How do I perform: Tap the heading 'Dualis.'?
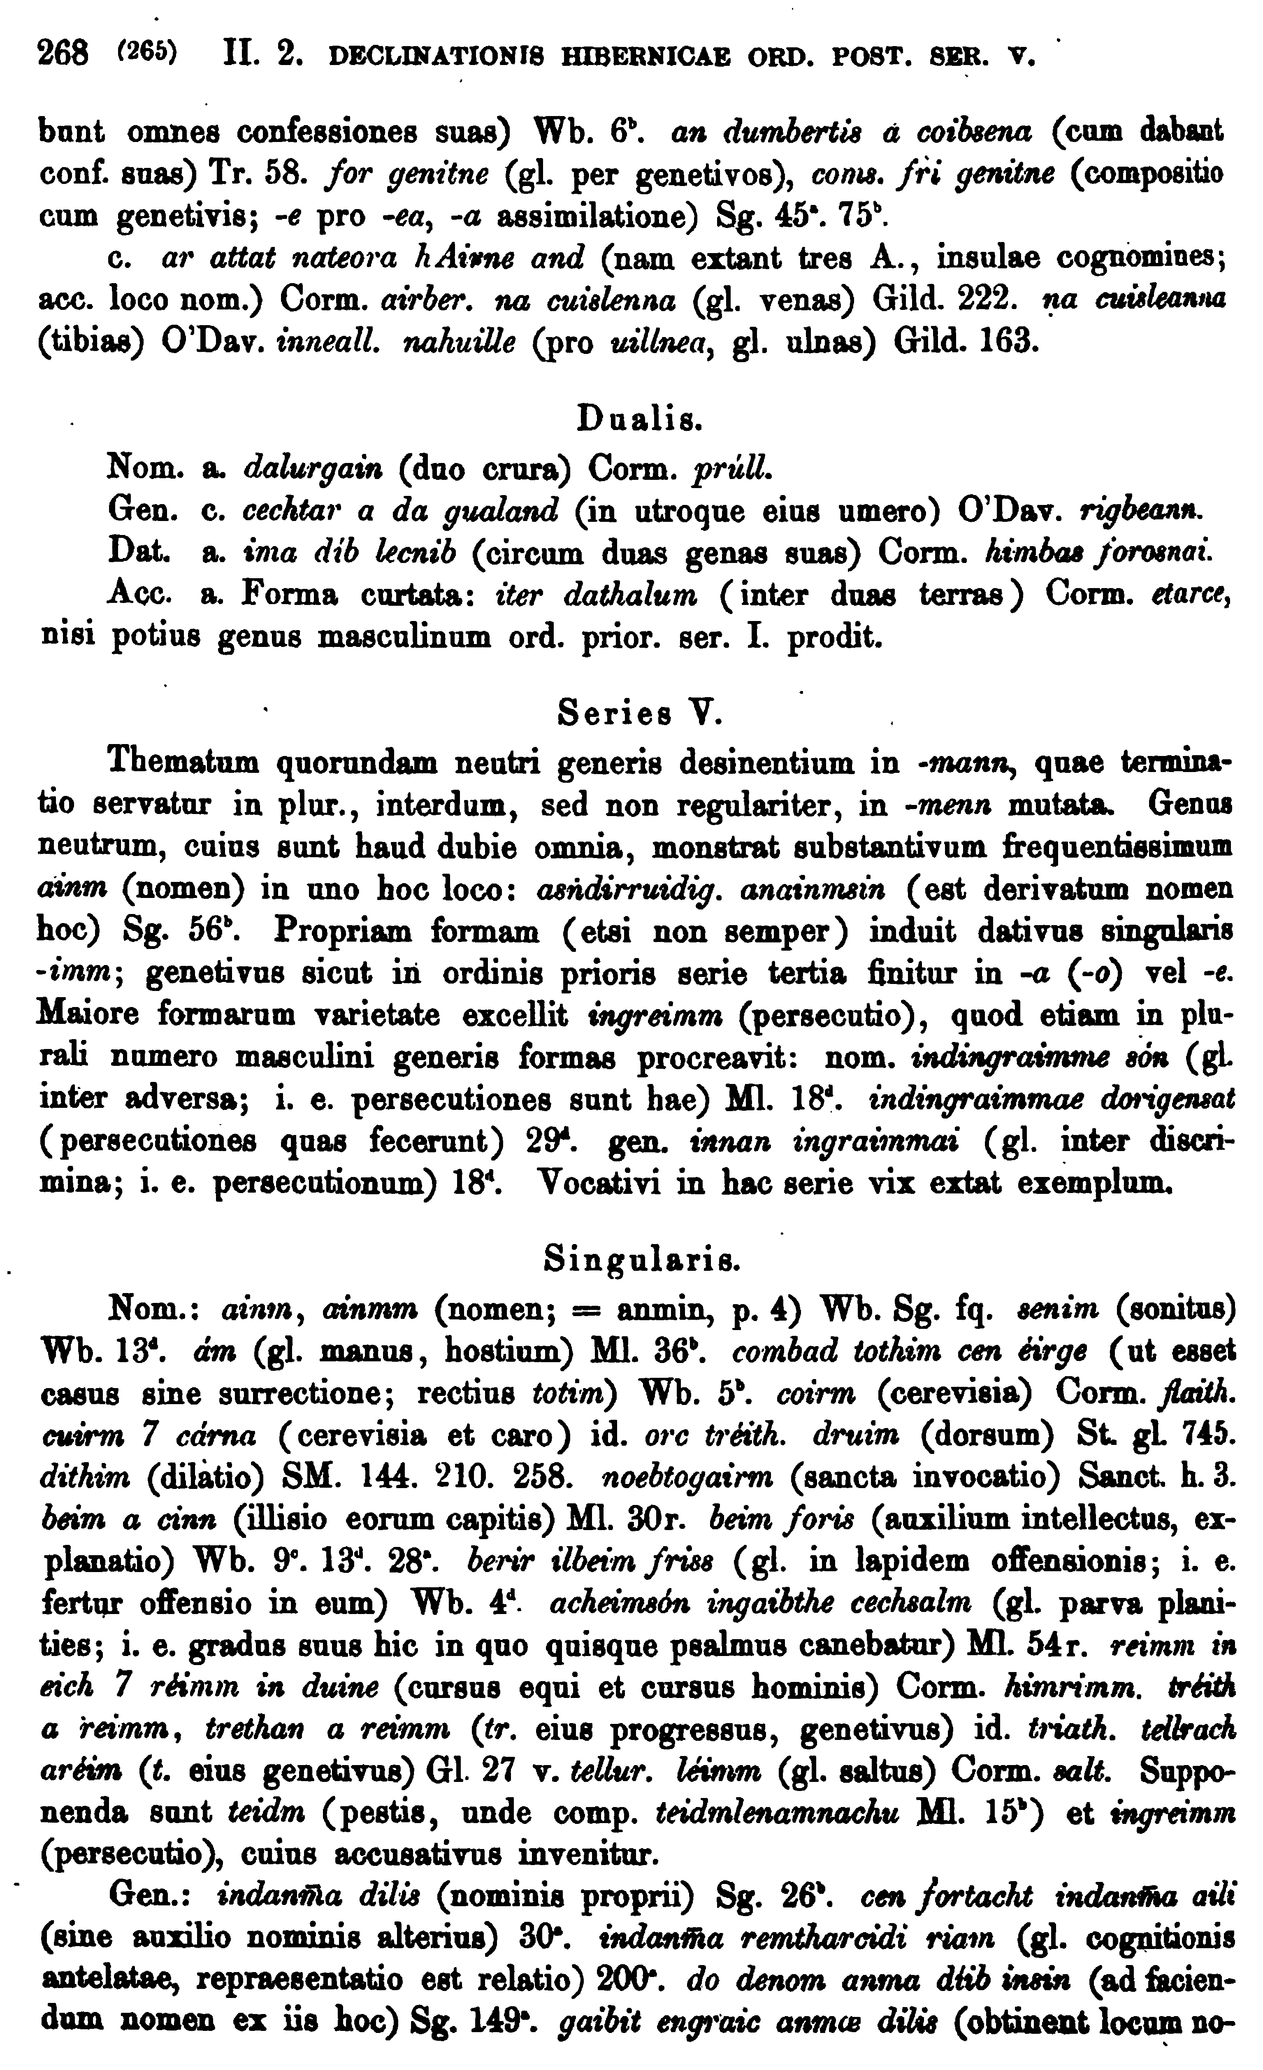(x=640, y=418)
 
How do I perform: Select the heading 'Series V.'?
(x=640, y=714)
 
